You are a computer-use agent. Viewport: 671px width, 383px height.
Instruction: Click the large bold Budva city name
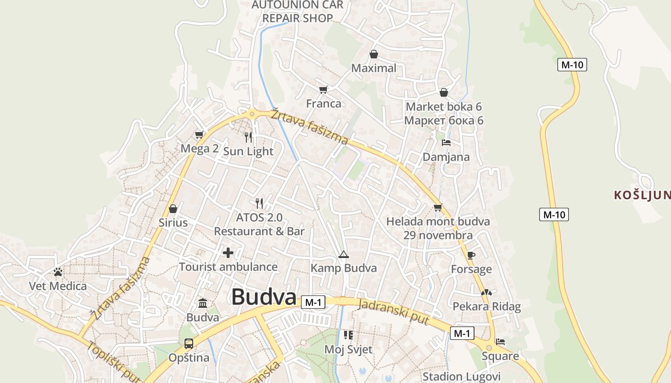[264, 297]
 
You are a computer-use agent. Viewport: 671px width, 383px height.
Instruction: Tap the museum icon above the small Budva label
[203, 304]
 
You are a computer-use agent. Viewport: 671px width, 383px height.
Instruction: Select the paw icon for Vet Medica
[58, 272]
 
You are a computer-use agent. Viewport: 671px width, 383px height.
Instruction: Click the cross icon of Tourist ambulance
[228, 252]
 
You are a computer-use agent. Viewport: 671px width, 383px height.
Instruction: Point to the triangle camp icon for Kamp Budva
[343, 254]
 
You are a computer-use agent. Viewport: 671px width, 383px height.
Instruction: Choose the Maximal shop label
[374, 68]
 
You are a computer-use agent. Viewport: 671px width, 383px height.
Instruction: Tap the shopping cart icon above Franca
[324, 90]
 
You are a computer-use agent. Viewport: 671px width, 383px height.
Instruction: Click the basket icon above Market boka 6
[444, 92]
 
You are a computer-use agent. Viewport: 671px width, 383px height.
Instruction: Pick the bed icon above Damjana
[446, 143]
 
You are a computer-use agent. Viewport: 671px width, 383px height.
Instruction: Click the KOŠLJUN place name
[642, 195]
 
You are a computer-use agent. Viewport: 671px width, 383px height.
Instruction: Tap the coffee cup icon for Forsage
[471, 255]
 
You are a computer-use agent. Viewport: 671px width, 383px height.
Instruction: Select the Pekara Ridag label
[486, 306]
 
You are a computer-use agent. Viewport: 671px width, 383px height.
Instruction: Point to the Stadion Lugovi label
[461, 376]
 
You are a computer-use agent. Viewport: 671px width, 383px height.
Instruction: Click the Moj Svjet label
[348, 349]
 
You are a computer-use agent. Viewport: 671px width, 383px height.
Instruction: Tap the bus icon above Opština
[189, 343]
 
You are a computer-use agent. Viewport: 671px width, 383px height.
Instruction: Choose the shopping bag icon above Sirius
[173, 209]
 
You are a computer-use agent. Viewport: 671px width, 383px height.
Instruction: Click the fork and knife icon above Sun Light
[248, 137]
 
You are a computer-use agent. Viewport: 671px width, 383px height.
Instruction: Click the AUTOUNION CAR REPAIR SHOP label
[298, 11]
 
